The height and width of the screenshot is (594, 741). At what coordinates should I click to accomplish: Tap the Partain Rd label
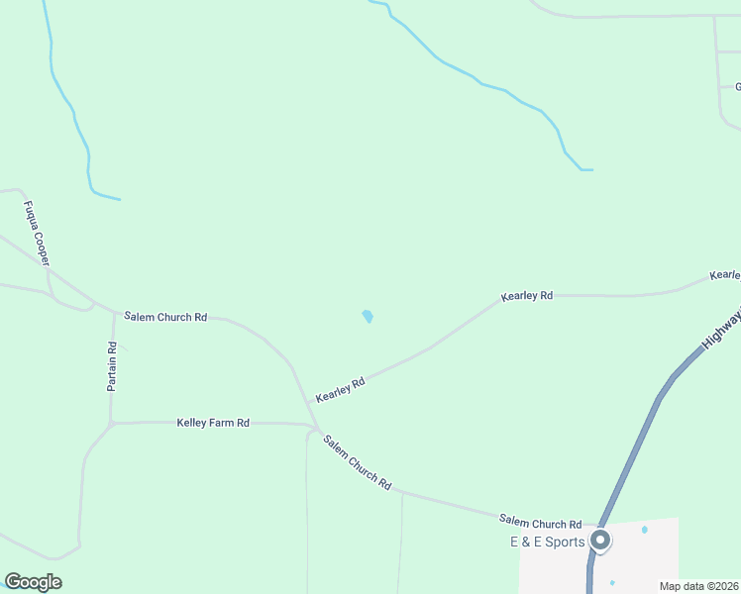pos(113,366)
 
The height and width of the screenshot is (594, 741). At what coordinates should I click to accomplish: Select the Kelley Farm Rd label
pos(213,423)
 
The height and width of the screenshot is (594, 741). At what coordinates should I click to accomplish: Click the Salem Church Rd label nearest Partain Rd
pos(165,317)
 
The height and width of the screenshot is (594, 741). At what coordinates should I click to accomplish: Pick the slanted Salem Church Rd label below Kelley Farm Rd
pos(358,462)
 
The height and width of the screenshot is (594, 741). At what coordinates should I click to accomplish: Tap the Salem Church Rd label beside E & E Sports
pos(540,523)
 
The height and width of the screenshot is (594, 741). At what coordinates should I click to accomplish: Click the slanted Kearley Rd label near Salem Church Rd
pos(341,388)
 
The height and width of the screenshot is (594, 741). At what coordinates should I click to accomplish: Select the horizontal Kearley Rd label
pos(526,296)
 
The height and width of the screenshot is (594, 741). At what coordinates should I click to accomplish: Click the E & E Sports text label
pos(548,542)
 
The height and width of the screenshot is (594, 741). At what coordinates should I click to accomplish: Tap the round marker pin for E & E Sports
pos(600,541)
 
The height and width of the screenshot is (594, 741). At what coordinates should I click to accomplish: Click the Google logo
pos(33,582)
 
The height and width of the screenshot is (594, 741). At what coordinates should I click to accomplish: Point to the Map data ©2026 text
pos(698,586)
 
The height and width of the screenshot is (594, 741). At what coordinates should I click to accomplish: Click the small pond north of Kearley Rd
pos(368,317)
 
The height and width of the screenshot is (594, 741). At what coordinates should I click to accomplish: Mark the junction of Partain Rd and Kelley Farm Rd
pos(112,424)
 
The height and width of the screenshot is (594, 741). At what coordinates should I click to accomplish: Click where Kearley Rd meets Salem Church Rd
pos(309,405)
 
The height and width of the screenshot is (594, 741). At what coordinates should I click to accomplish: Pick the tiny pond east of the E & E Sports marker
pos(645,530)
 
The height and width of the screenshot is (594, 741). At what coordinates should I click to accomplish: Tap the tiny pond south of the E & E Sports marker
pos(612,582)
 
